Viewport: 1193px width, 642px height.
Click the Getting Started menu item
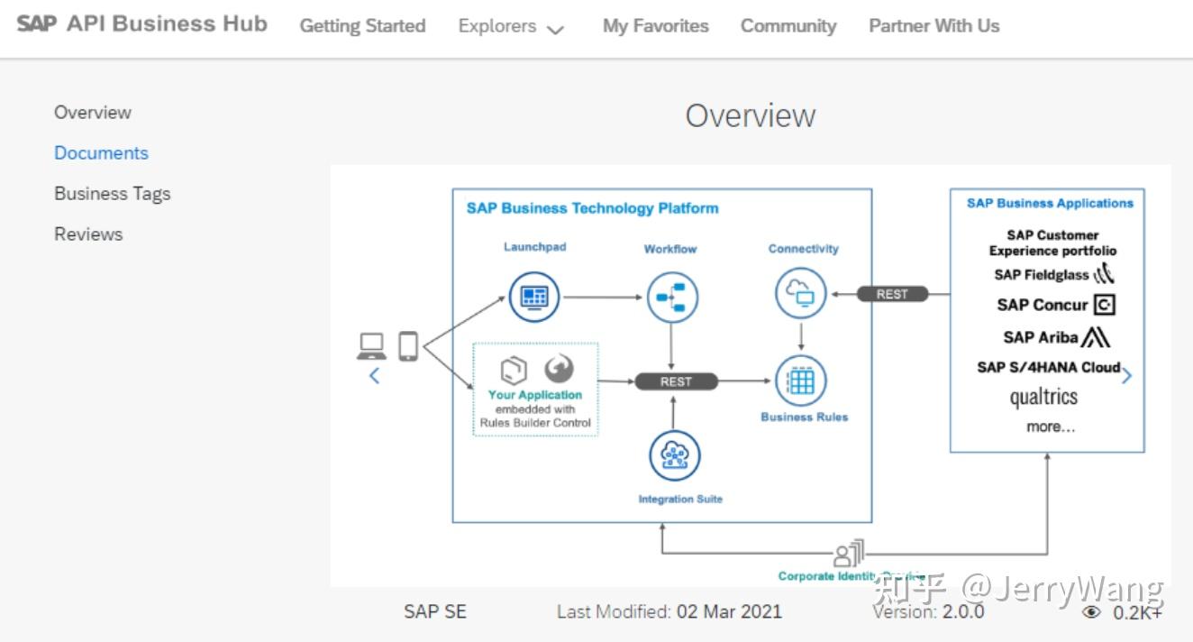pos(362,26)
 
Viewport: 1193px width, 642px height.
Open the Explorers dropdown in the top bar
pos(511,27)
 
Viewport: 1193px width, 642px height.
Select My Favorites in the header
pos(655,26)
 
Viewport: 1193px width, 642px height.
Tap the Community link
pos(788,26)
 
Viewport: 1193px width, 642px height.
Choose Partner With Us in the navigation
pos(933,26)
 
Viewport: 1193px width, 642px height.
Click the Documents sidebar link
pos(101,153)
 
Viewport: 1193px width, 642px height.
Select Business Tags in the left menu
pos(112,194)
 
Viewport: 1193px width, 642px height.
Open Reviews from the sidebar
pos(88,234)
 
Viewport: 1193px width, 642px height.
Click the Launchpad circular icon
pos(534,297)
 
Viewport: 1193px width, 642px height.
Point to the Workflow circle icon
pos(672,297)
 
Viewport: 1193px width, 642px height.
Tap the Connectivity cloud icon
pos(801,293)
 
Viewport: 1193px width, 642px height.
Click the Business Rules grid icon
pos(801,381)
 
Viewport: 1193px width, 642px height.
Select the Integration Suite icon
pos(675,456)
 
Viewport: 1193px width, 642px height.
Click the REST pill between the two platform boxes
pos(891,294)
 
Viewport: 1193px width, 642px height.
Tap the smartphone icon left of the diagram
pos(408,346)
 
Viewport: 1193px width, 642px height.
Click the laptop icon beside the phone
pos(371,345)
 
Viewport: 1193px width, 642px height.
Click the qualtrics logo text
pos(1043,397)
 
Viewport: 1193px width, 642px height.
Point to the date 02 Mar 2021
pos(729,611)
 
